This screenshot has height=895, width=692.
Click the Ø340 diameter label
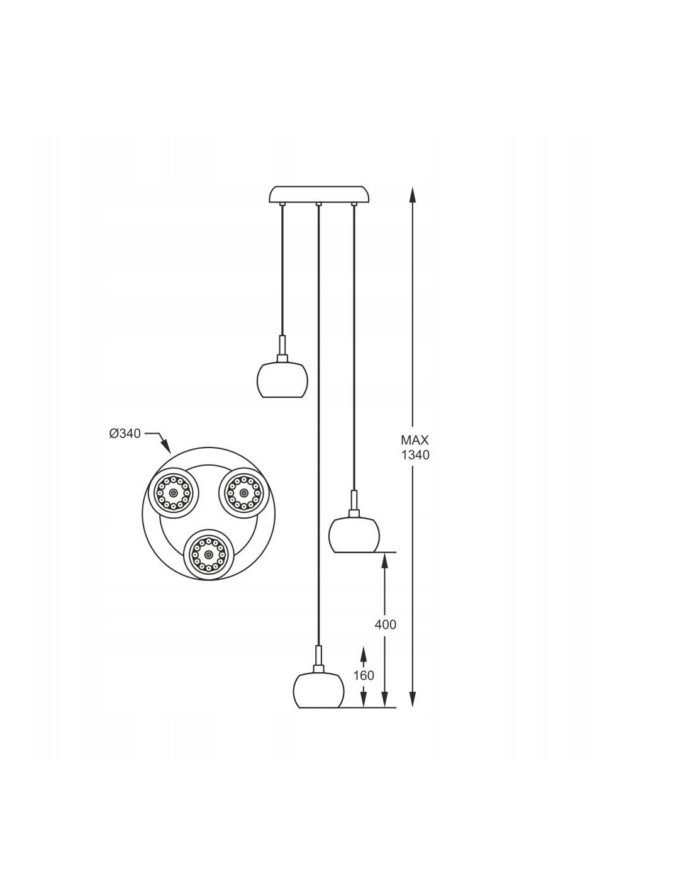(125, 434)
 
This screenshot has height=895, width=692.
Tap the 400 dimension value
(385, 625)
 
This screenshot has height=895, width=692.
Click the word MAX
(415, 441)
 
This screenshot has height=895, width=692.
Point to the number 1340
(415, 455)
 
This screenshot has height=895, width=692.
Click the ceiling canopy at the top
(319, 195)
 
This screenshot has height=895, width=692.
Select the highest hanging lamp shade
(282, 380)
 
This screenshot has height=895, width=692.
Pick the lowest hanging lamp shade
(318, 690)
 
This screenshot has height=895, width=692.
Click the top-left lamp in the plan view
(173, 493)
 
